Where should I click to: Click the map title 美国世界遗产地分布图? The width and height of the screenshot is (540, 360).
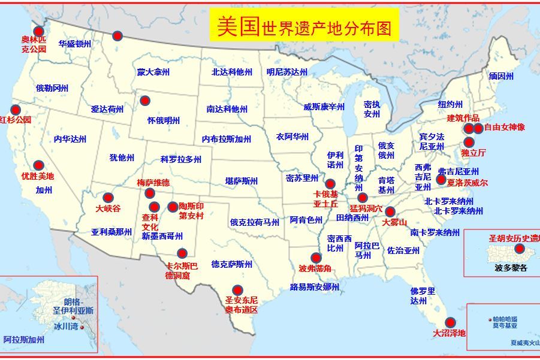304,26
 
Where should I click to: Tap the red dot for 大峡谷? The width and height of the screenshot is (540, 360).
108,198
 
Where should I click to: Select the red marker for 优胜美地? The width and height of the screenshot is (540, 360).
38,165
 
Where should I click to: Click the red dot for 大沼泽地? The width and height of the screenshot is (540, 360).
450,322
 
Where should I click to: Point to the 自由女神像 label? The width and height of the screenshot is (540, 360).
504,128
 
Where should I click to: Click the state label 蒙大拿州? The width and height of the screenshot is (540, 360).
153,72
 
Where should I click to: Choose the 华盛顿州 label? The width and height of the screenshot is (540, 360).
75,44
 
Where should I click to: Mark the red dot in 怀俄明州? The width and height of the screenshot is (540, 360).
145,101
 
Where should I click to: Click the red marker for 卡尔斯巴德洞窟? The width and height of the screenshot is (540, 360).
182,253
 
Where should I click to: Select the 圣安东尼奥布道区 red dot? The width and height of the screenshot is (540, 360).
237,290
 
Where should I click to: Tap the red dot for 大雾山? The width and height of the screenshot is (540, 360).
390,211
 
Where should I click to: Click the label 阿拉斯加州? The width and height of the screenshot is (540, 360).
24,340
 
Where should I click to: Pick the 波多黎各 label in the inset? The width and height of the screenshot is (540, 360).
511,268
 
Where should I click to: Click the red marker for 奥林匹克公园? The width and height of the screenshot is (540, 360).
39,32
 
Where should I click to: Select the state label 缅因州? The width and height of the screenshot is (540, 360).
501,77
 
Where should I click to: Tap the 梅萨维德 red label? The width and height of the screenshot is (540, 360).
153,183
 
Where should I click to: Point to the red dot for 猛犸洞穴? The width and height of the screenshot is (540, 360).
362,198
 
